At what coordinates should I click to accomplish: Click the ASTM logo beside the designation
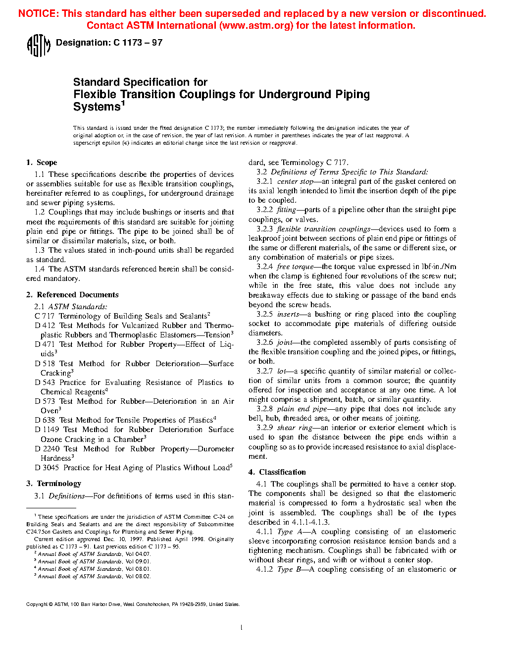tap(38, 46)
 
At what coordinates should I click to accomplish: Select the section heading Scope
tap(47, 163)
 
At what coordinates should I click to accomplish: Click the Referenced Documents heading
tap(77, 295)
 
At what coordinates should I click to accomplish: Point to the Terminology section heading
tap(58, 484)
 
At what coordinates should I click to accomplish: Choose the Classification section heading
tap(282, 472)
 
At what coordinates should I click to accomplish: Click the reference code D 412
tap(45, 326)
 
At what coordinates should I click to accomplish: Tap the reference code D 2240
tap(48, 449)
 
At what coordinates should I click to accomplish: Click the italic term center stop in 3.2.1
tap(295, 181)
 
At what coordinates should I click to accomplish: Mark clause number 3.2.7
tap(264, 371)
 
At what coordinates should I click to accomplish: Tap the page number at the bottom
tap(241, 628)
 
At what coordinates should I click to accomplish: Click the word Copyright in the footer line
tap(37, 604)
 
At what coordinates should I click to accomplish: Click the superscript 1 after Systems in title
tap(123, 104)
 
